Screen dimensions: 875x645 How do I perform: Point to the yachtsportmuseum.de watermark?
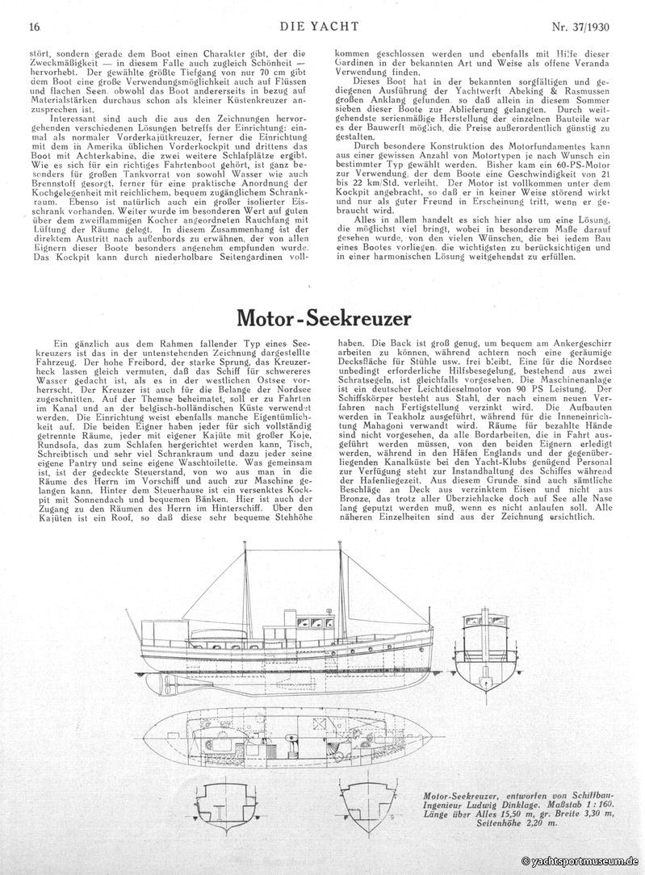(580, 861)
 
